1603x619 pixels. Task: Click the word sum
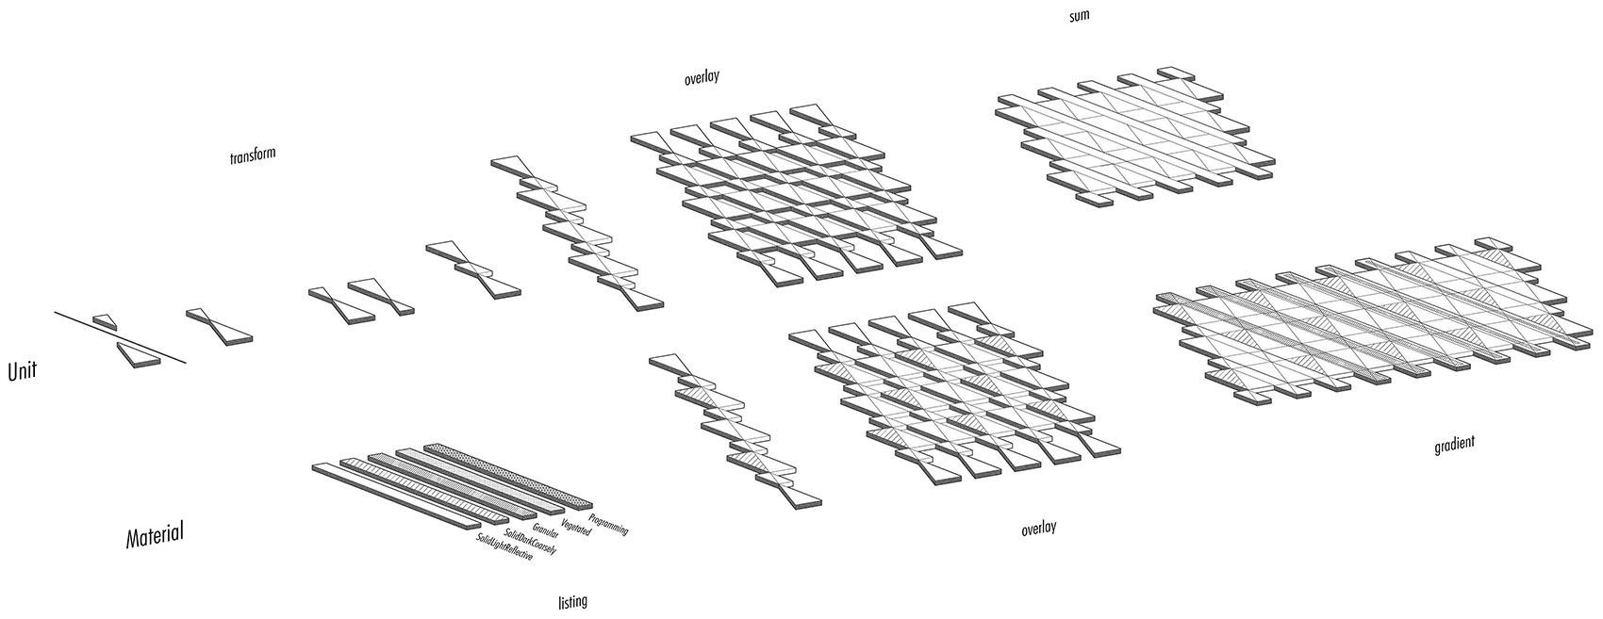[1079, 14]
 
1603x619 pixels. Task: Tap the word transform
[253, 155]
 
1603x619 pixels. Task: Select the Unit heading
[23, 371]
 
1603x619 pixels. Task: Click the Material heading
[155, 534]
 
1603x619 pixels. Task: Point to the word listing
[571, 601]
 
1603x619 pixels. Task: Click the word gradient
[1454, 445]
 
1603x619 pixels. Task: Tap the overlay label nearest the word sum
[702, 77]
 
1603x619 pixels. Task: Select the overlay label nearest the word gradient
[1038, 529]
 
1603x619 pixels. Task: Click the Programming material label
[608, 525]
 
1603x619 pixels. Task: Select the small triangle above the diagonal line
[105, 321]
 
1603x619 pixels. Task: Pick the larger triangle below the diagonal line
[138, 354]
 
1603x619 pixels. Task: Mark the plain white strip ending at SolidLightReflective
[396, 497]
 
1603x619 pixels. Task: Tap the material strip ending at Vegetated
[480, 481]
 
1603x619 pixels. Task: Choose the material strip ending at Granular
[453, 486]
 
